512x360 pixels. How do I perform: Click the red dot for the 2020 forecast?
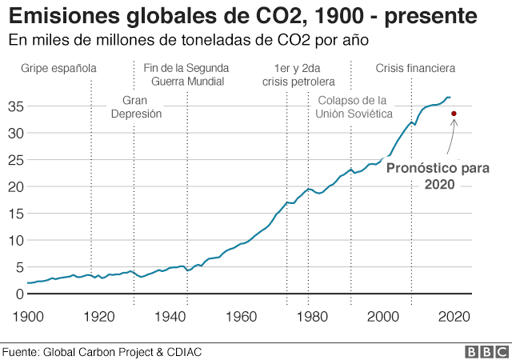pyautogui.click(x=454, y=114)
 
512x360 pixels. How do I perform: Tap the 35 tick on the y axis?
pyautogui.click(x=14, y=106)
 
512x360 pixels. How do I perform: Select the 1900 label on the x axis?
pyautogui.click(x=27, y=315)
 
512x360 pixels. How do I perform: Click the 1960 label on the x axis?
pyautogui.click(x=240, y=315)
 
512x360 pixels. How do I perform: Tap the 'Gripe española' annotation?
pyautogui.click(x=58, y=68)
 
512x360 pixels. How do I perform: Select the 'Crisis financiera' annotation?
pyautogui.click(x=415, y=68)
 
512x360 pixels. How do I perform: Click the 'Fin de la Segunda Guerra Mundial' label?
pyautogui.click(x=186, y=74)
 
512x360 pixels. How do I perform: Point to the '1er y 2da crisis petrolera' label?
pyautogui.click(x=298, y=74)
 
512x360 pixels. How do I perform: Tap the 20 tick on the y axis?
pyautogui.click(x=14, y=186)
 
